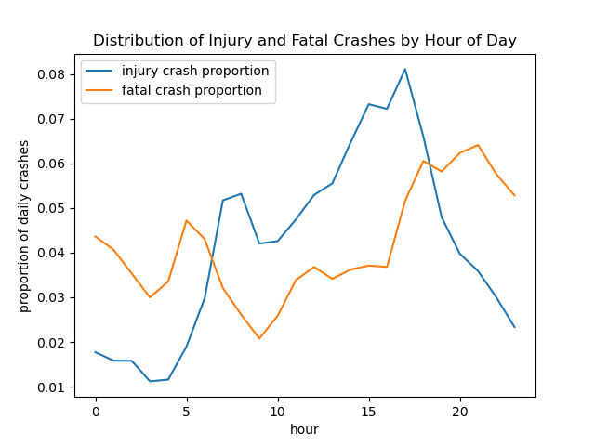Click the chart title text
305,41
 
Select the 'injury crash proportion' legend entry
195,72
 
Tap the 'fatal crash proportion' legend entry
192,91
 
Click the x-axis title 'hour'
305,429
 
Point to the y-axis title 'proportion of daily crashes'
25,226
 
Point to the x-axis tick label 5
186,412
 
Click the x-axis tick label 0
95,412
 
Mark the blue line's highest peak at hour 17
404,69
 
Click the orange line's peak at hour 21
478,145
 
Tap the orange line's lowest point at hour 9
259,338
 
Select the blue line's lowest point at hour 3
150,381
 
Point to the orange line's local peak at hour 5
186,220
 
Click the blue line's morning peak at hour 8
241,194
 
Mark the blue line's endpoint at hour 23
514,327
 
